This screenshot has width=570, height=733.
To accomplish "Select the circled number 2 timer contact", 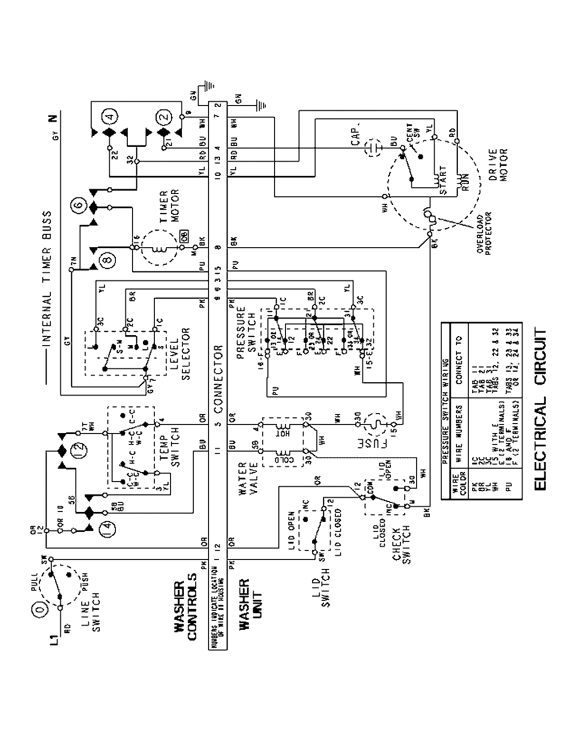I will (x=164, y=116).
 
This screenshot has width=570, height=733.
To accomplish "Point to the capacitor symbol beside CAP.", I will (x=372, y=148).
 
